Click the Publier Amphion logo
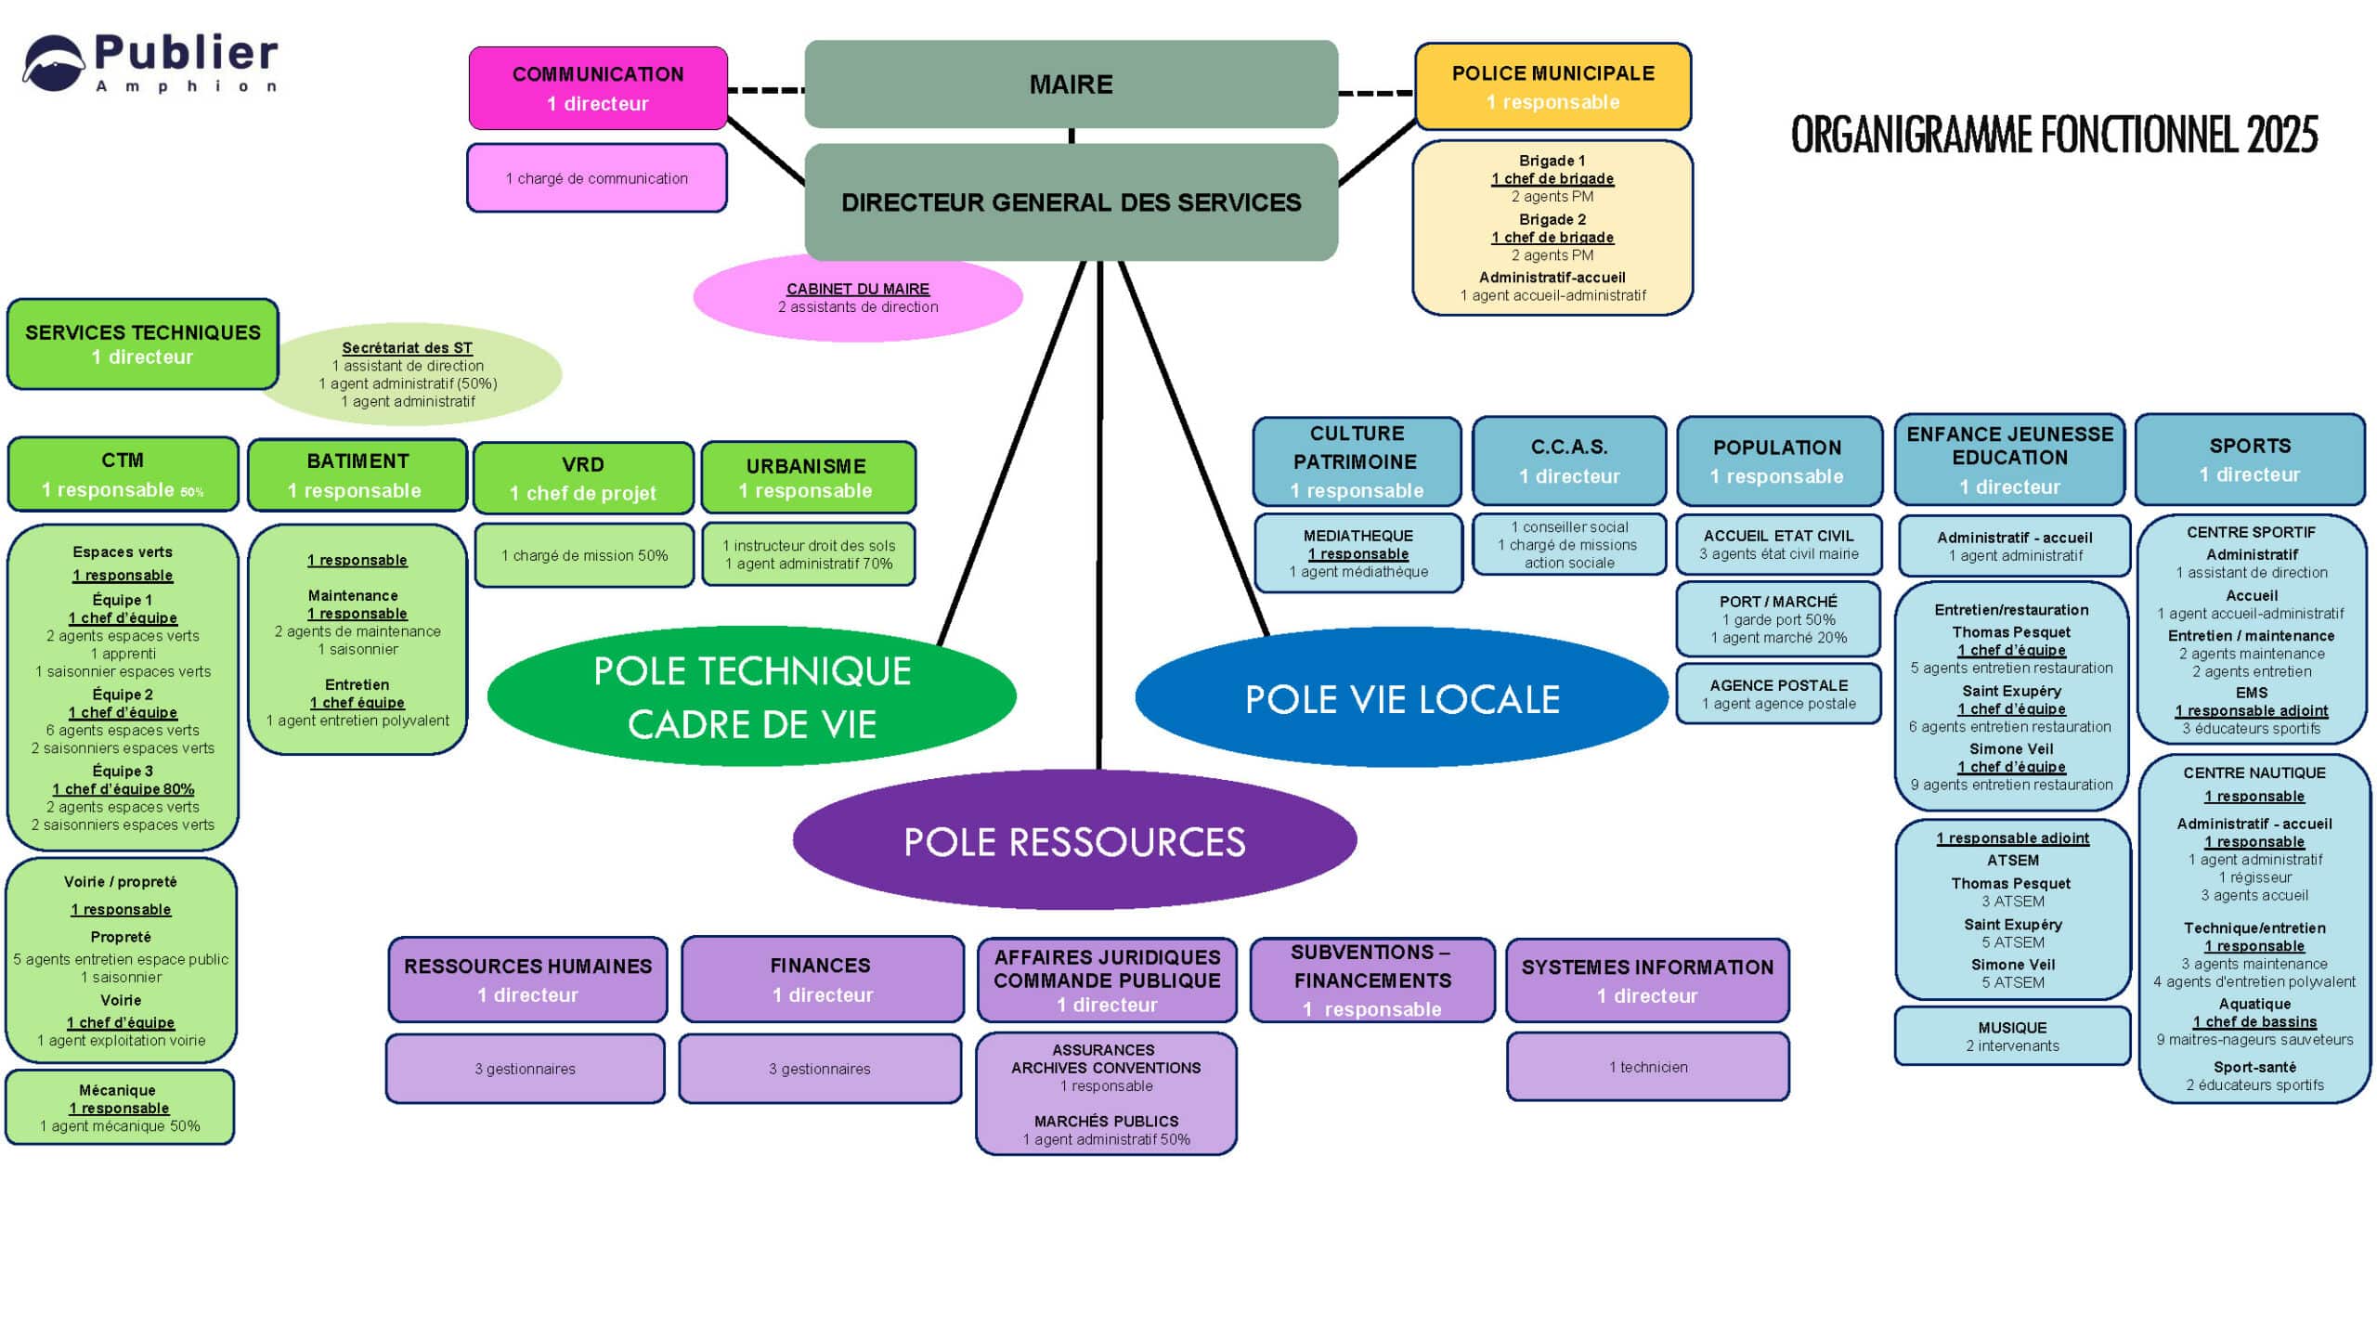tap(149, 63)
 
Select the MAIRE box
tap(1071, 84)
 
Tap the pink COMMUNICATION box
tap(598, 88)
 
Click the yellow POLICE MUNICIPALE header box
tap(1552, 86)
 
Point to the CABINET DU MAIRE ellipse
tap(857, 298)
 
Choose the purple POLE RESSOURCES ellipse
tap(1074, 841)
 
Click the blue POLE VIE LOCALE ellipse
tap(1401, 699)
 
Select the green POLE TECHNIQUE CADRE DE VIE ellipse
tap(751, 696)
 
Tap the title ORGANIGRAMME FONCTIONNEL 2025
tap(2054, 136)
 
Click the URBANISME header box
tap(808, 477)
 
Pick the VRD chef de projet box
tap(583, 478)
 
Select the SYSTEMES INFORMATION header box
tap(1647, 980)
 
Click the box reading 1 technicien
tap(1647, 1067)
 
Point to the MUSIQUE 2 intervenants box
tap(2012, 1036)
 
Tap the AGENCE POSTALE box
tap(1778, 694)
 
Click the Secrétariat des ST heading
tap(407, 348)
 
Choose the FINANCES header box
tap(821, 980)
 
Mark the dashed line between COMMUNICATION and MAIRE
tap(766, 90)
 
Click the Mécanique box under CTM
tap(120, 1108)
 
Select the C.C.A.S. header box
tap(1569, 461)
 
